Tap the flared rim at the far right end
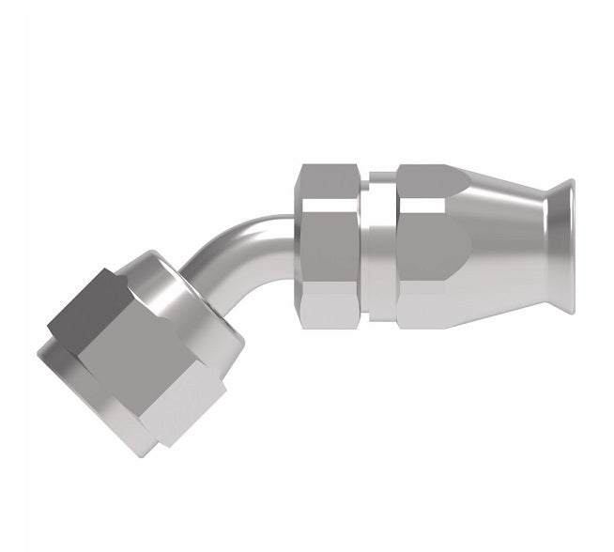click(x=564, y=246)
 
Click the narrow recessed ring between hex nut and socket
click(x=377, y=246)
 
